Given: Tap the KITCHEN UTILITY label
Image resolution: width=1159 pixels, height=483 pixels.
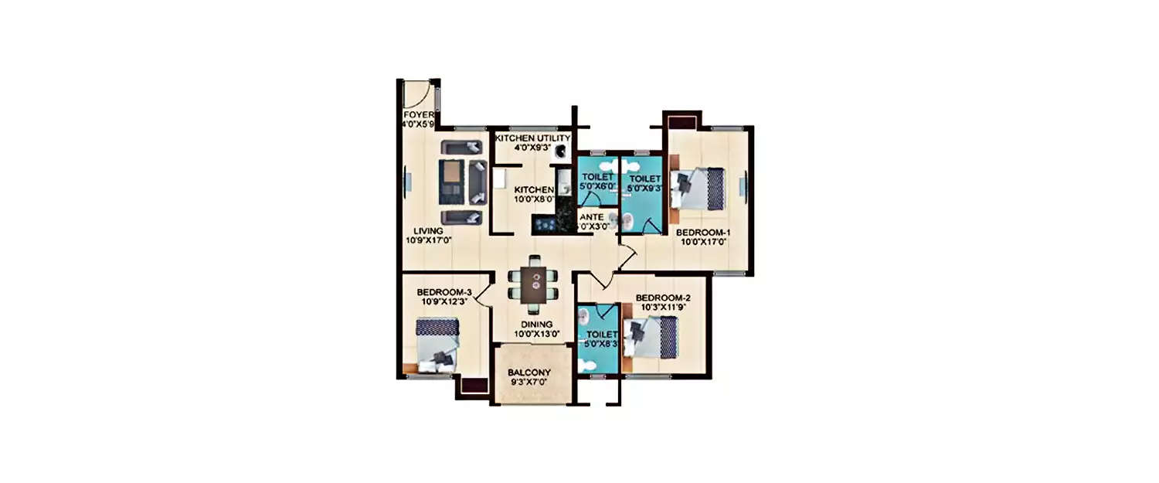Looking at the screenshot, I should point(533,138).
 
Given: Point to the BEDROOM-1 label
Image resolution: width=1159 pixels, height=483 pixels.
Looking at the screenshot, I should point(703,232).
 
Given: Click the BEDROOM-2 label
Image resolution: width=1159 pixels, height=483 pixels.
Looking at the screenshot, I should point(662,298).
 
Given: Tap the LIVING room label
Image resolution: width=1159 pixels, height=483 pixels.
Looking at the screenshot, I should point(427,230).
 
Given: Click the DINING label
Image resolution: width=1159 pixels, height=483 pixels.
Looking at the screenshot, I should point(536,324).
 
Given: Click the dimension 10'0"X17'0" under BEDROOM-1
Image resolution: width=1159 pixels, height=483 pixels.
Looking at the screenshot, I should point(703,242).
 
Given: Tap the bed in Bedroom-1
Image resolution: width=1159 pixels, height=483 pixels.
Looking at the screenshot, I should point(700,189).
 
